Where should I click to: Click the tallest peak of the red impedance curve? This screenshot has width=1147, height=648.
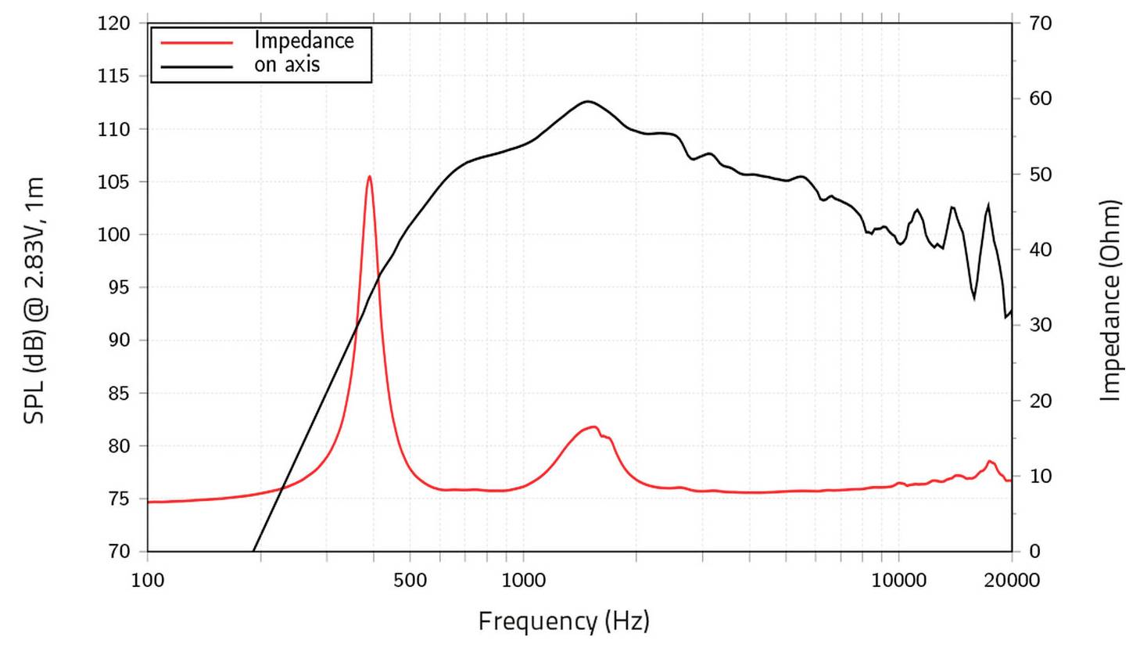click(369, 177)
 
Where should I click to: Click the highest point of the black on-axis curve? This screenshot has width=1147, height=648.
click(587, 102)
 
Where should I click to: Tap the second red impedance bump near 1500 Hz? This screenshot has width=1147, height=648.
click(593, 427)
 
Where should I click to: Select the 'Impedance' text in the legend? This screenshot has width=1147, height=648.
click(303, 41)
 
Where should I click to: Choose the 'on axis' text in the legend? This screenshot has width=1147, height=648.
click(287, 65)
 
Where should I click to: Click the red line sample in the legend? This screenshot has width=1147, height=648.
click(197, 42)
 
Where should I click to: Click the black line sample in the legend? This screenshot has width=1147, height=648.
click(197, 67)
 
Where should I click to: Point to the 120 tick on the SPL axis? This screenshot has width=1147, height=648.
click(113, 23)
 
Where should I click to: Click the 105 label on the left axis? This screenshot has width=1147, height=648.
click(113, 182)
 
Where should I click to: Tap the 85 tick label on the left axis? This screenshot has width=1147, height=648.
click(118, 394)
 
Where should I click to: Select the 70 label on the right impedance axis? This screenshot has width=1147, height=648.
click(1040, 23)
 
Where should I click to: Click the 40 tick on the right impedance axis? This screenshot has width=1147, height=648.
click(1040, 250)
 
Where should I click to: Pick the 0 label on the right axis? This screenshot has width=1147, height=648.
click(1034, 552)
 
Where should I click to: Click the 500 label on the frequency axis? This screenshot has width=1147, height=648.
click(410, 580)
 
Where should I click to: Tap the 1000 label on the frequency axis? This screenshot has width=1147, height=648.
click(523, 580)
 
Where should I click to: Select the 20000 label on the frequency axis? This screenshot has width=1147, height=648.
click(1012, 580)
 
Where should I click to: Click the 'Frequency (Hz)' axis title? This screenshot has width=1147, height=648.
click(564, 621)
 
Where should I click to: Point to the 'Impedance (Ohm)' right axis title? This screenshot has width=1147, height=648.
click(1109, 301)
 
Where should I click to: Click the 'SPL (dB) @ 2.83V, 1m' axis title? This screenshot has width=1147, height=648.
click(34, 301)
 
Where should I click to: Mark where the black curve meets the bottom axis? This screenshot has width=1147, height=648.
click(253, 550)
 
